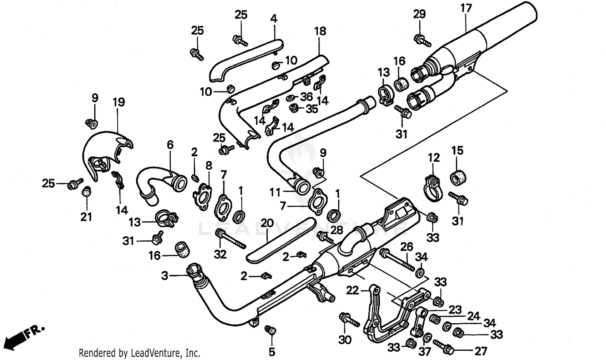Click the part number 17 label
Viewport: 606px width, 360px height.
465,8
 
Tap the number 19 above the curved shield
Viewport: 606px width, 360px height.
118,102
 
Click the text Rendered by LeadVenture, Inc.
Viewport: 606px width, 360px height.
139,353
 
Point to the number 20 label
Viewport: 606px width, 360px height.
267,223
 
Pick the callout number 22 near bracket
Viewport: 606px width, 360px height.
352,290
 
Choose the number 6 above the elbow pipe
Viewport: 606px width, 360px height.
170,145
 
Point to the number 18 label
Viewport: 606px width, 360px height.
320,31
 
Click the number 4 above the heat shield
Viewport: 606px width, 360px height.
274,19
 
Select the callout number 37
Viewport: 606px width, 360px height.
425,352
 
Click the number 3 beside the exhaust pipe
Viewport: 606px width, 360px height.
164,276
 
